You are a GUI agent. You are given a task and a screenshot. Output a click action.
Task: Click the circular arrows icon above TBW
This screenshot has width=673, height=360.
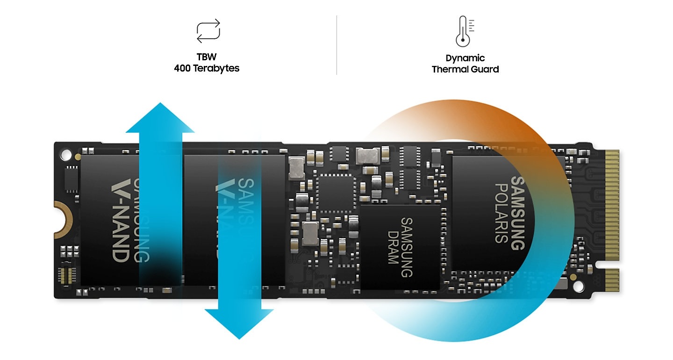[208, 31]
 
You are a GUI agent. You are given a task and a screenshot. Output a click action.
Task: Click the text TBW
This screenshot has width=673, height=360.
[207, 57]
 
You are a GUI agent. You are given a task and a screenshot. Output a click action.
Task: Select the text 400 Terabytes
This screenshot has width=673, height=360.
[207, 68]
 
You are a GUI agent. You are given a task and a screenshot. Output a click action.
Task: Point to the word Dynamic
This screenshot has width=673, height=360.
[465, 58]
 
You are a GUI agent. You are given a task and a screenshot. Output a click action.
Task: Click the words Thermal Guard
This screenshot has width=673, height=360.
[465, 69]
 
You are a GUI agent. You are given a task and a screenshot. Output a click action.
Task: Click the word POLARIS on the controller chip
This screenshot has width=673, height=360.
[501, 213]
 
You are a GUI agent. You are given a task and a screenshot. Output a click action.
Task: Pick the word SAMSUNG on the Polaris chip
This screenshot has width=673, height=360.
[517, 213]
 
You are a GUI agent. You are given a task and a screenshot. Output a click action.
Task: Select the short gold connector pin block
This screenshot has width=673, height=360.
[612, 280]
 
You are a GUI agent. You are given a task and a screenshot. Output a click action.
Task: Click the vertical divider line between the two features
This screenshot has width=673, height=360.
[336, 45]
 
